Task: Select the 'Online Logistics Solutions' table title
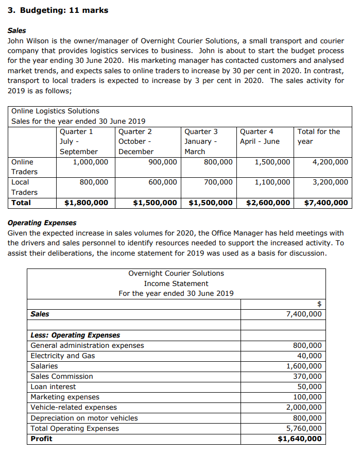(55, 111)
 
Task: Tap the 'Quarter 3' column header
(201, 131)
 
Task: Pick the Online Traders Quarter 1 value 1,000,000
(90, 162)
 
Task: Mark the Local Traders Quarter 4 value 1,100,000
(272, 182)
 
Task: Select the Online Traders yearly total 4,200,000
(330, 162)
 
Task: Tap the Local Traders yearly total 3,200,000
(330, 182)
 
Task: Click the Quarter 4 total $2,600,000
(268, 203)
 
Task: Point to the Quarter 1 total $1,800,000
(86, 203)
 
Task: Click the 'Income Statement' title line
(176, 283)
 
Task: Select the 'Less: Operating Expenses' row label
(75, 335)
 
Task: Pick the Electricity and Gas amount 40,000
(310, 356)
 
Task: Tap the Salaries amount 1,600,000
(304, 366)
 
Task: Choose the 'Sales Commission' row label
(62, 376)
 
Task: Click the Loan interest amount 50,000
(310, 386)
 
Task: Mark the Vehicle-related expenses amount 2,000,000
(304, 407)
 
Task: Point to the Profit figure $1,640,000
(300, 439)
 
